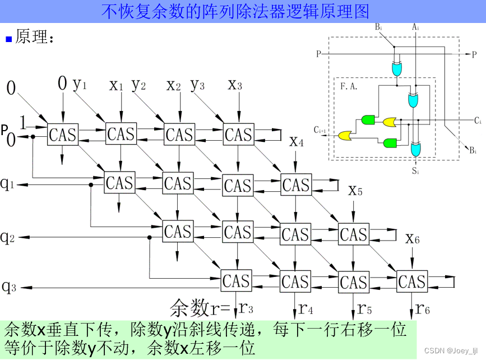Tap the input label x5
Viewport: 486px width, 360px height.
[355, 191]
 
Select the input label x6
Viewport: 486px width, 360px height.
[413, 238]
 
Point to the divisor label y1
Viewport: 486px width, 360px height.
[80, 84]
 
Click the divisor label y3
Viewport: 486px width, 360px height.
[197, 85]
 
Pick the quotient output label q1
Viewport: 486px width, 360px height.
[7, 184]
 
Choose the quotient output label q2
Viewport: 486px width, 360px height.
[7, 237]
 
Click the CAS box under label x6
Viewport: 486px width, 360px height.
[412, 281]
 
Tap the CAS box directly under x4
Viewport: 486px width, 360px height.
[296, 185]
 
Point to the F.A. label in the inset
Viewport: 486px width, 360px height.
[349, 86]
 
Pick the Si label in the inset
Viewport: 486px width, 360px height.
[415, 170]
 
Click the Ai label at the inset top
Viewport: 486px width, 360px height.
[415, 26]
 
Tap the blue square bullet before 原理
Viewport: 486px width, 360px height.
[8, 39]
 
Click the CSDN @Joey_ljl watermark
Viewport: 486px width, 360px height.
[455, 350]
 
